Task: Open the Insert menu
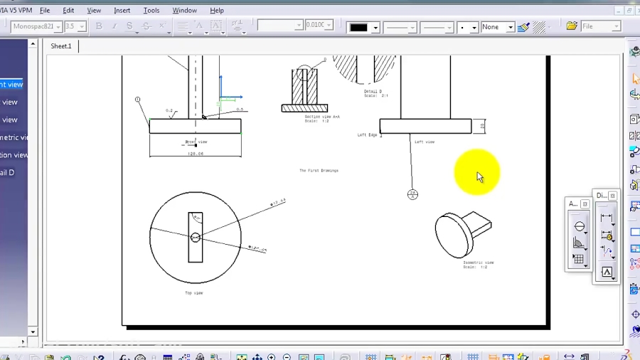(x=122, y=11)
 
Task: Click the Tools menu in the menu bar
(x=151, y=11)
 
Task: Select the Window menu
(x=185, y=11)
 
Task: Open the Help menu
(x=217, y=11)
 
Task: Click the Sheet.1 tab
(x=61, y=46)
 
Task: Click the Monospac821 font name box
(x=34, y=26)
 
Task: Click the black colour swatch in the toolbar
(x=358, y=27)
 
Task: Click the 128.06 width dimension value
(x=195, y=153)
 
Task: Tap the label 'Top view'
(x=194, y=293)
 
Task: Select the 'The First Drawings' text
(x=319, y=171)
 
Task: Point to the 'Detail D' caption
(x=373, y=91)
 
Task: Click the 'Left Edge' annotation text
(x=367, y=134)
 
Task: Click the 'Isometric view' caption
(x=478, y=263)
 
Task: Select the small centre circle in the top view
(x=196, y=238)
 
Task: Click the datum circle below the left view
(x=412, y=194)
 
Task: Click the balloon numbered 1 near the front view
(x=137, y=100)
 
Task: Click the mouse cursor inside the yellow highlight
(x=479, y=176)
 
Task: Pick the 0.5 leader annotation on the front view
(x=240, y=110)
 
